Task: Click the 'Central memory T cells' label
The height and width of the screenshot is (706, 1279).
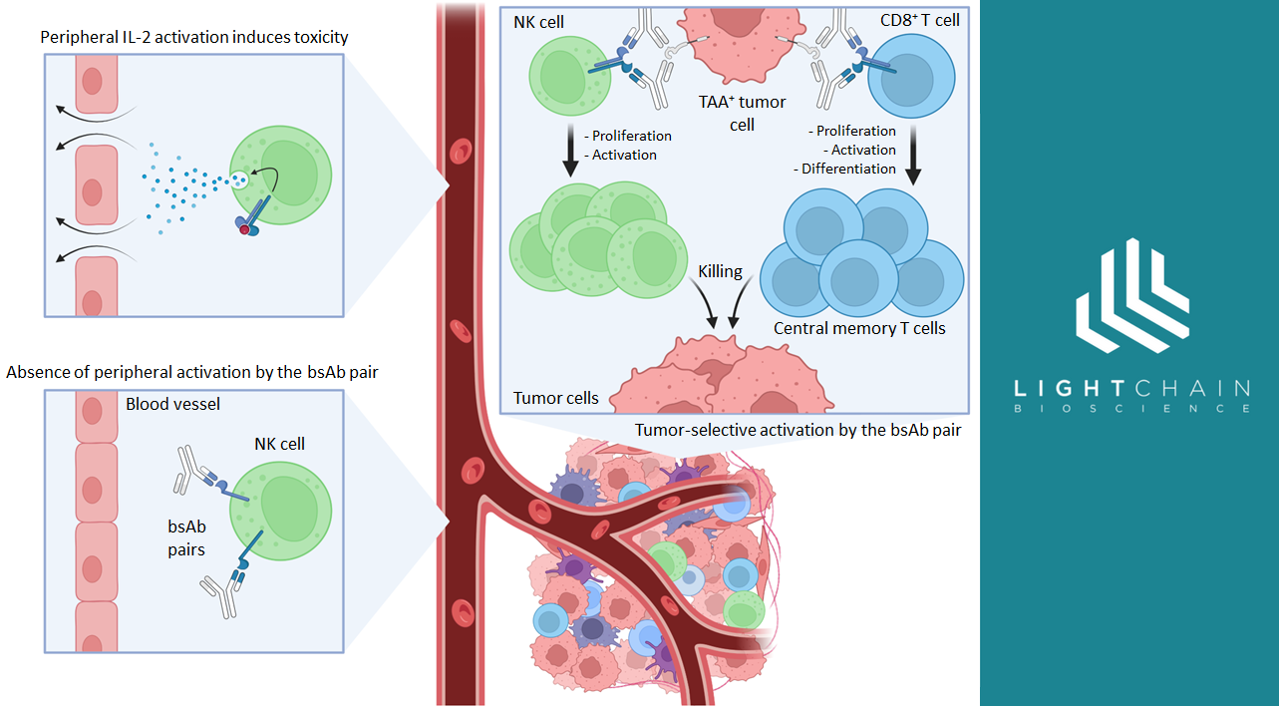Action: (x=859, y=328)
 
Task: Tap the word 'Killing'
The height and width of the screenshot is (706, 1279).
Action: (x=721, y=270)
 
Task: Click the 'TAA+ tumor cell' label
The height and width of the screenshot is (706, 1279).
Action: (x=742, y=113)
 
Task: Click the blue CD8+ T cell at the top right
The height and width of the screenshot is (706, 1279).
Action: (x=911, y=79)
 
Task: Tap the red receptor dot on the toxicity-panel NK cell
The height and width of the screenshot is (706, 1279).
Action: (x=244, y=229)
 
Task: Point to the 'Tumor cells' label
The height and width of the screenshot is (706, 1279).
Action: (x=556, y=398)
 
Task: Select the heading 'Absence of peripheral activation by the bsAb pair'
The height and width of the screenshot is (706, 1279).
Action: (x=192, y=372)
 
